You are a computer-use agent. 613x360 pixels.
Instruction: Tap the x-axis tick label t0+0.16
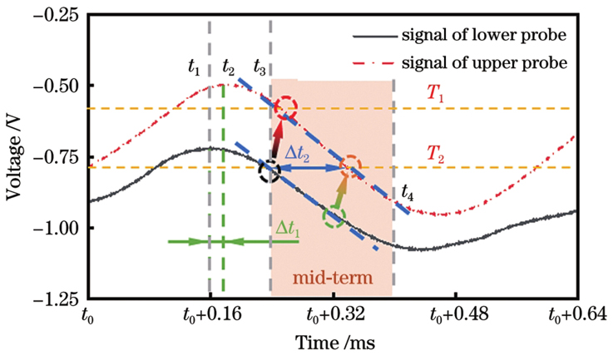pyautogui.click(x=210, y=316)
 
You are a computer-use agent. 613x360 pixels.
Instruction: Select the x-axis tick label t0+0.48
pyautogui.click(x=455, y=316)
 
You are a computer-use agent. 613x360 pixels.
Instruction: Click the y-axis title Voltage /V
pyautogui.click(x=16, y=158)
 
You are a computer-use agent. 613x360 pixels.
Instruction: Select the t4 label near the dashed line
pyautogui.click(x=406, y=193)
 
